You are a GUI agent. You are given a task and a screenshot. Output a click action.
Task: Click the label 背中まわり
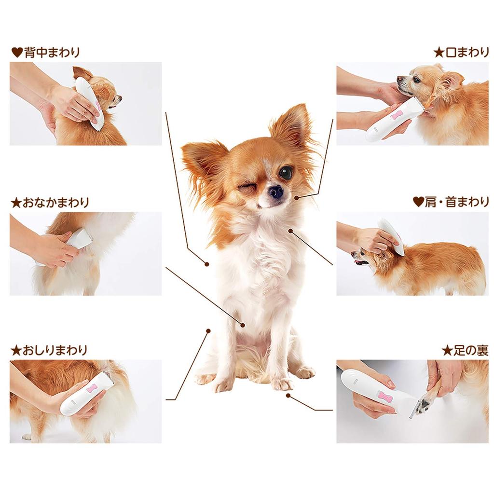coord(52,52)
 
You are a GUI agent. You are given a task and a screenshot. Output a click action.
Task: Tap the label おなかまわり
coord(56,202)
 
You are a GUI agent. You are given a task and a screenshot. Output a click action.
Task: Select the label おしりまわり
coord(55,350)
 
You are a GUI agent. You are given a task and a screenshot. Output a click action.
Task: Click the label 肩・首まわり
coord(457,202)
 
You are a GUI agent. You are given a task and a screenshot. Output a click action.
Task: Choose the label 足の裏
coord(471,350)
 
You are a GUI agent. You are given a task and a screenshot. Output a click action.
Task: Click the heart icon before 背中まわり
coord(17,52)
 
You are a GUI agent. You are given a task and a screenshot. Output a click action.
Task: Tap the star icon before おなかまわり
coord(16,203)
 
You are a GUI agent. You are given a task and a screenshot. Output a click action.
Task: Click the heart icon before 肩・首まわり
coord(418,202)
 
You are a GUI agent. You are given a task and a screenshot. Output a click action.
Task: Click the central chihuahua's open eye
coord(286,173)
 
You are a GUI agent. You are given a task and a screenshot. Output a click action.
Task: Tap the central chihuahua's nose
coord(276,192)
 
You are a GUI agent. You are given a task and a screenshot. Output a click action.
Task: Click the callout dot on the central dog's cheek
coord(297,198)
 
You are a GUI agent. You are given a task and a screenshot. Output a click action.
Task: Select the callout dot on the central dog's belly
coord(243,325)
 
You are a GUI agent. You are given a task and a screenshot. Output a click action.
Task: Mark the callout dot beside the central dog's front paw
coord(288,396)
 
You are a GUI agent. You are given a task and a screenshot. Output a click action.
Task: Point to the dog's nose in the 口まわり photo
coord(399,79)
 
